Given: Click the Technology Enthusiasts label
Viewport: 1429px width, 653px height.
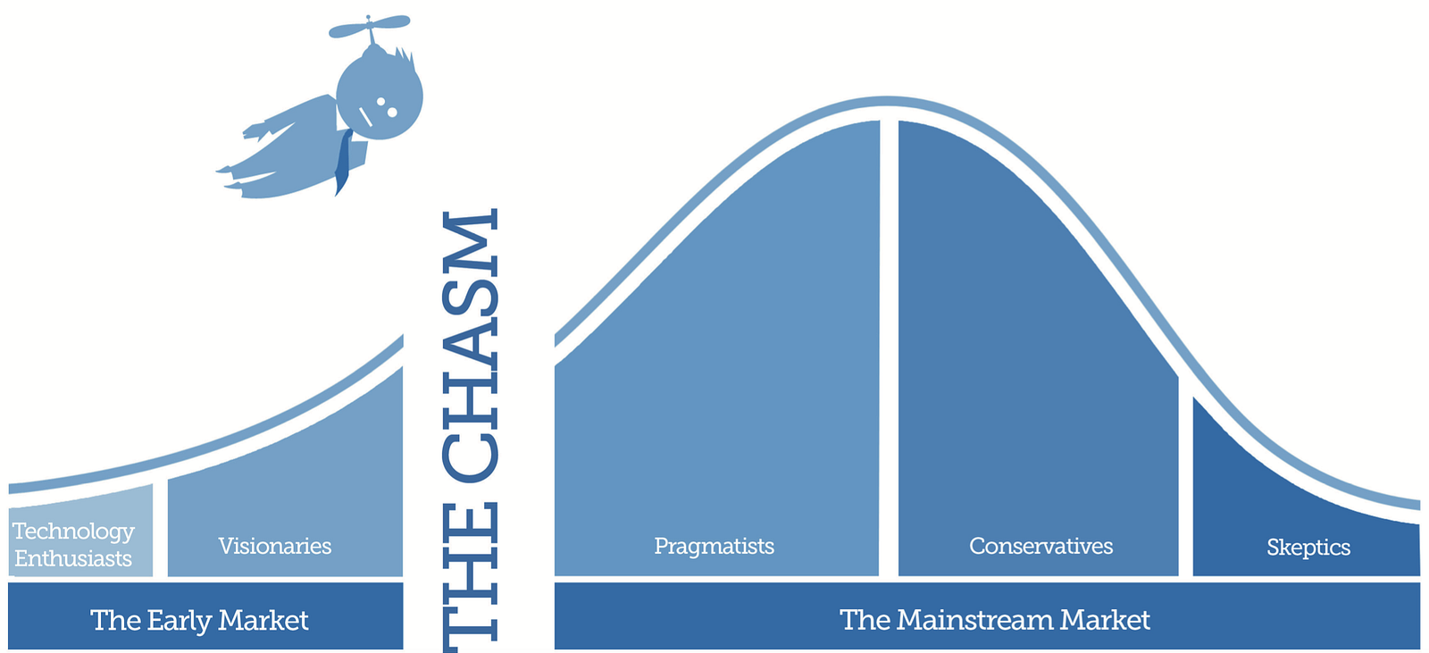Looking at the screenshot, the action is [x=73, y=545].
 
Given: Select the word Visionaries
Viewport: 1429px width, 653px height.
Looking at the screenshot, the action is [x=275, y=546].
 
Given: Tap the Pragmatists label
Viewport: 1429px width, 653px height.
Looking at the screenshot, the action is [x=714, y=546].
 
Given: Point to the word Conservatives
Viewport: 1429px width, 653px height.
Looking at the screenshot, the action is [x=1041, y=546].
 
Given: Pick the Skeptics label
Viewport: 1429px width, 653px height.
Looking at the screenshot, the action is [x=1308, y=547].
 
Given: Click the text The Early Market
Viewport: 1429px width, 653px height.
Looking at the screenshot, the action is [x=200, y=620].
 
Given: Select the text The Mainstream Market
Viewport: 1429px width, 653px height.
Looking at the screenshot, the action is [x=995, y=620].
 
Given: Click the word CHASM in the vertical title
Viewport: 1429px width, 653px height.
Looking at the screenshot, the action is [x=470, y=346].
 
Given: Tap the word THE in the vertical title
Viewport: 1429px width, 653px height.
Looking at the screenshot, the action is [x=470, y=578].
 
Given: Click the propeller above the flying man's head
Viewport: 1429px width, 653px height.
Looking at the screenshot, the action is [x=370, y=27].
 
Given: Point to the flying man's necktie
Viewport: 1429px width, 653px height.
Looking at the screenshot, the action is [x=343, y=162].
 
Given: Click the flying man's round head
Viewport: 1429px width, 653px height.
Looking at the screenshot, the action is [x=380, y=96].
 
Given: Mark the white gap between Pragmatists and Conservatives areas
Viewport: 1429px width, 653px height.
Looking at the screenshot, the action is [x=889, y=347].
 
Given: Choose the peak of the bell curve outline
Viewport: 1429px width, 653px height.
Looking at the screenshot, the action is [x=887, y=101].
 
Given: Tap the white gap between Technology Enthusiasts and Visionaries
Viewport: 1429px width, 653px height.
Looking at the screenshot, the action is [x=160, y=529].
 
